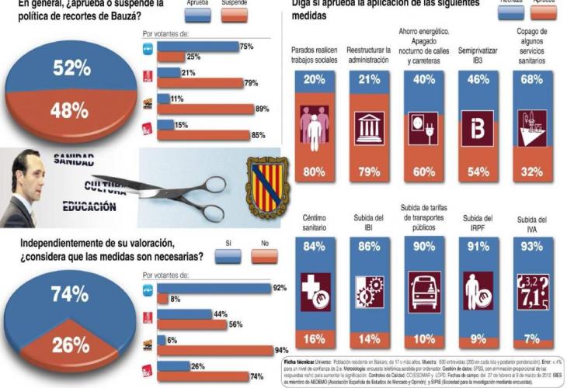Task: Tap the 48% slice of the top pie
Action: coord(70,111)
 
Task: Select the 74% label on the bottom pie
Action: coord(71,294)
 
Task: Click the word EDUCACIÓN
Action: coord(89,207)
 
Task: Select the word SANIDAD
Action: coord(73,161)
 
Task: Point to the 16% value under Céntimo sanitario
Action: coord(315,338)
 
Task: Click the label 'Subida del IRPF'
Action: coord(478,223)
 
